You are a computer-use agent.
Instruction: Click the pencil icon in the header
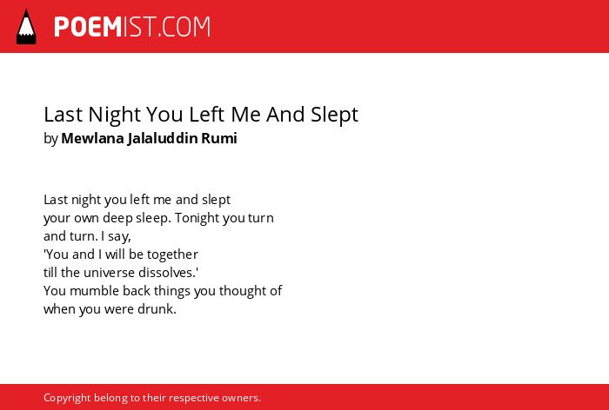click(x=26, y=27)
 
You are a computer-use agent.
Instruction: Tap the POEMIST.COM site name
click(x=132, y=27)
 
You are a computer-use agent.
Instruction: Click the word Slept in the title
click(x=334, y=116)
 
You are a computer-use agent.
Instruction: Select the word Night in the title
click(x=115, y=116)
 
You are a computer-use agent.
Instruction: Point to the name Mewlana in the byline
click(x=92, y=138)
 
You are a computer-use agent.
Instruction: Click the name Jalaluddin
click(x=163, y=138)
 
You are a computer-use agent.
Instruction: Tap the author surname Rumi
click(x=219, y=138)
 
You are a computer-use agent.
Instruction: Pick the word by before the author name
click(x=50, y=139)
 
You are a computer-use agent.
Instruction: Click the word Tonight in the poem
click(x=197, y=218)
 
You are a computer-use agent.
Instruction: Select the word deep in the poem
click(x=117, y=218)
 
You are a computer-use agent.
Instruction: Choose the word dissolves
click(x=168, y=273)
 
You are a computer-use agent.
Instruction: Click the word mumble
click(x=94, y=291)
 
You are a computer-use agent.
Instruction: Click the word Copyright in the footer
click(x=67, y=399)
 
